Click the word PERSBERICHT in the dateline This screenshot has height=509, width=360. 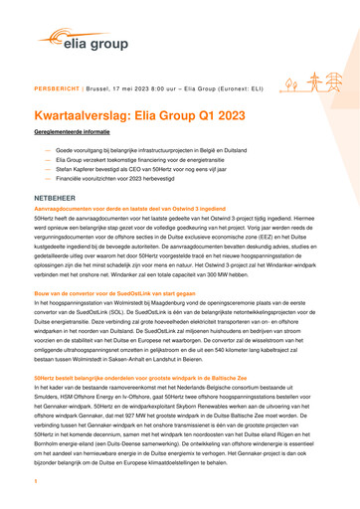[x=56, y=88]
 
